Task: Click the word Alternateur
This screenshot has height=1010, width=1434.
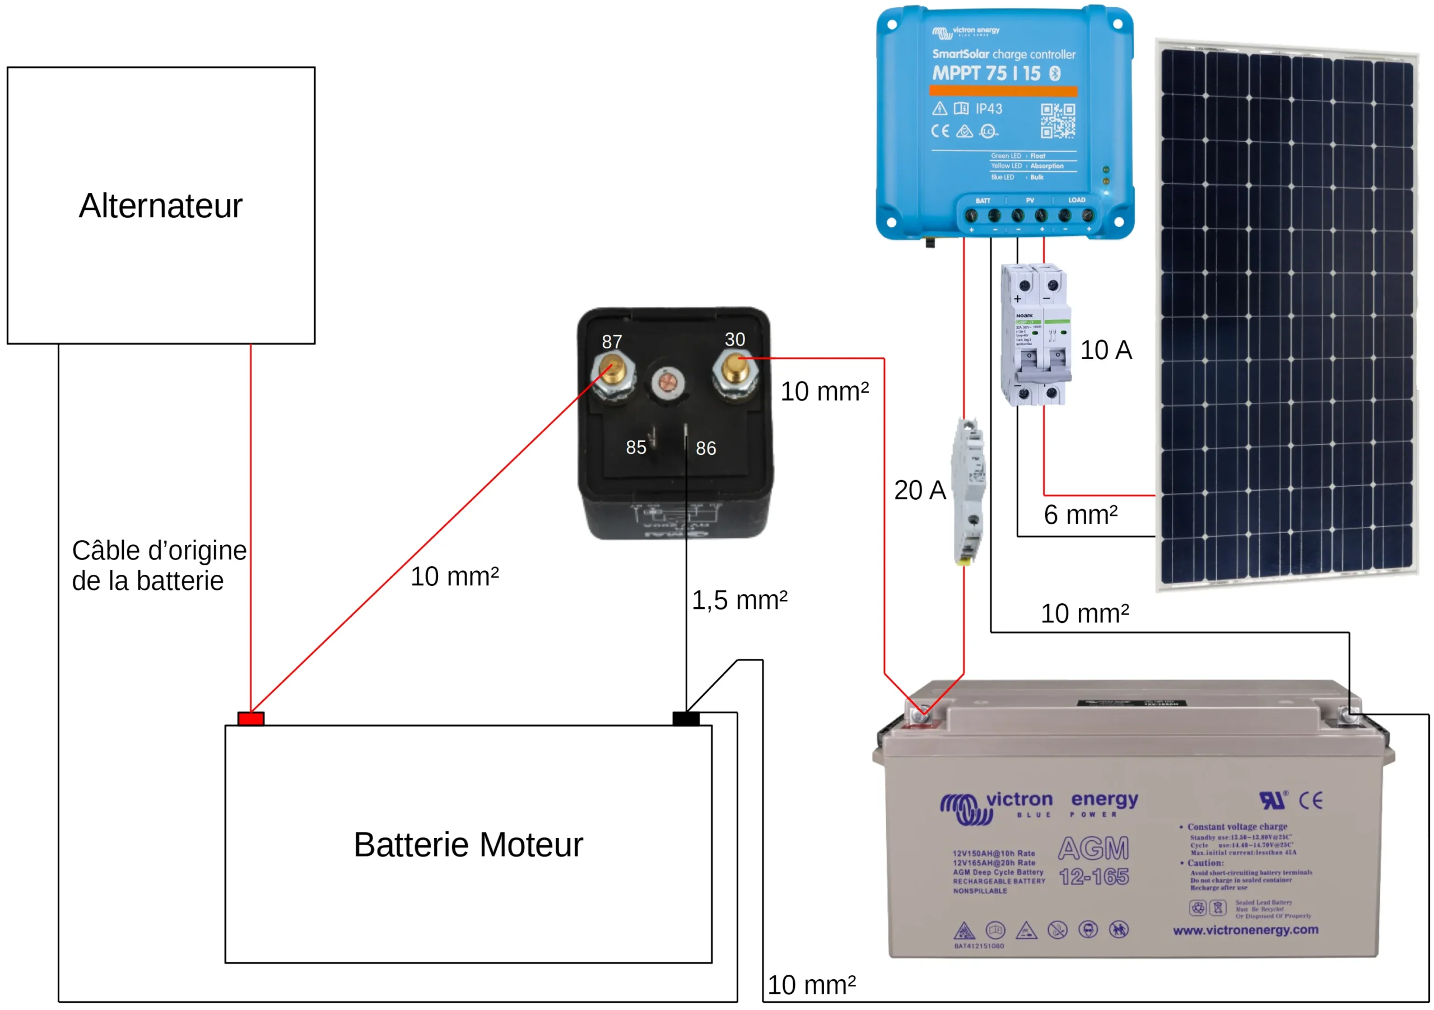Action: click(161, 206)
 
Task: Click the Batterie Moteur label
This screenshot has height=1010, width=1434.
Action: click(468, 845)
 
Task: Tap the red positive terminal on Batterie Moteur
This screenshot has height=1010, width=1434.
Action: click(250, 719)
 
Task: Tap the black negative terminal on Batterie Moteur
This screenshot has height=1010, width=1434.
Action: click(685, 719)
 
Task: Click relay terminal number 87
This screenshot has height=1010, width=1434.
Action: click(613, 373)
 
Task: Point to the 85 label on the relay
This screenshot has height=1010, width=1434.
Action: click(636, 447)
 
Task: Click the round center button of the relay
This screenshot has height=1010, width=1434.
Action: click(668, 382)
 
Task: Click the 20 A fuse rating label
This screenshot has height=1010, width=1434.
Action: click(919, 490)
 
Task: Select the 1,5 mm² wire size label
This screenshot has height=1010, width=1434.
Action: click(739, 601)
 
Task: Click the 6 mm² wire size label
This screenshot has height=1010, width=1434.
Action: click(1081, 515)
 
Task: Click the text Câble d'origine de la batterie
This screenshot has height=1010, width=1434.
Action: click(159, 565)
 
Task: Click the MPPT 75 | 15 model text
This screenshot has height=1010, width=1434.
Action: click(987, 73)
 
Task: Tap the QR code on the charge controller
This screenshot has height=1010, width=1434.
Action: click(1058, 120)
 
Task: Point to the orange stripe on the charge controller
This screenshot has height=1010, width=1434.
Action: click(1003, 91)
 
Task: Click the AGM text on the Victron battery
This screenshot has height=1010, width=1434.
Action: click(1093, 848)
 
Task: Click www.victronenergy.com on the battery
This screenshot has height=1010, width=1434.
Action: click(1245, 929)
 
